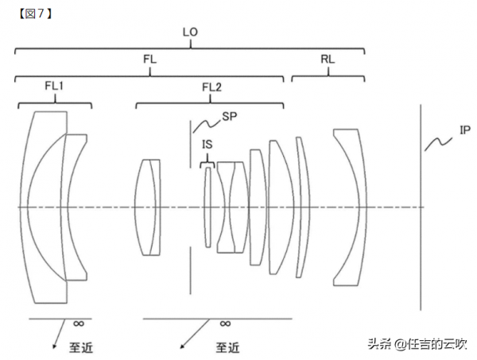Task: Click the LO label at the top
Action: point(190,33)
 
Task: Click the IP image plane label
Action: point(465,130)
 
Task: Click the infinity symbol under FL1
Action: point(78,323)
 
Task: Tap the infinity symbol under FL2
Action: point(225,323)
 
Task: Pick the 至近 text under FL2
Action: point(227,346)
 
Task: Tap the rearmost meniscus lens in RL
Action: point(348,207)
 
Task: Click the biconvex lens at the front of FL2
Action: point(149,207)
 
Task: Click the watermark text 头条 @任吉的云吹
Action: point(417,344)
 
